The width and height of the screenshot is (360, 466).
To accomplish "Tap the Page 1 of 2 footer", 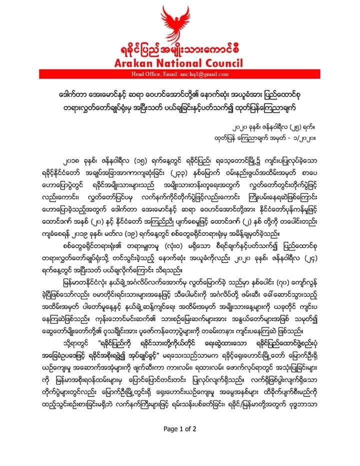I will tap(179, 429).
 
